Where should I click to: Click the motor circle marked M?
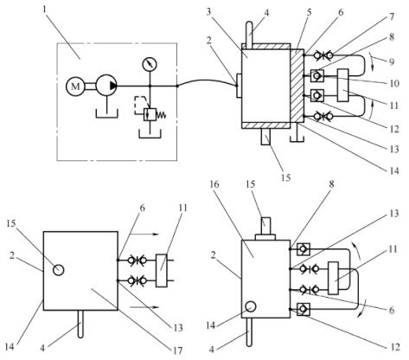tap(75, 86)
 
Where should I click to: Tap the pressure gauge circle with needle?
tap(150, 64)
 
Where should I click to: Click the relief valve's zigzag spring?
tap(162, 115)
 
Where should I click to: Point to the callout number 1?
tap(44, 10)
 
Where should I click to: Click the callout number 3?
tap(209, 11)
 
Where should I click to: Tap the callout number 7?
tap(391, 17)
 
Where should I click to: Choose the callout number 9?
tap(391, 61)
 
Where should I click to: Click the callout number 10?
tap(393, 84)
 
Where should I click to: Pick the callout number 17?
tap(178, 350)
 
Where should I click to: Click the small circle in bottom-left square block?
tap(59, 270)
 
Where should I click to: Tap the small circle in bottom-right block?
tap(250, 306)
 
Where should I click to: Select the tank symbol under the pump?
tap(107, 113)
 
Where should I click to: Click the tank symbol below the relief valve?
tap(150, 133)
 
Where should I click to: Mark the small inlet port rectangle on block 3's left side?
tap(239, 86)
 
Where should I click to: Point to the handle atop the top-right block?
tap(250, 34)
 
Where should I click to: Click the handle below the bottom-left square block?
tap(81, 324)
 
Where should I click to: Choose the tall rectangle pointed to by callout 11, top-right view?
tap(342, 85)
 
